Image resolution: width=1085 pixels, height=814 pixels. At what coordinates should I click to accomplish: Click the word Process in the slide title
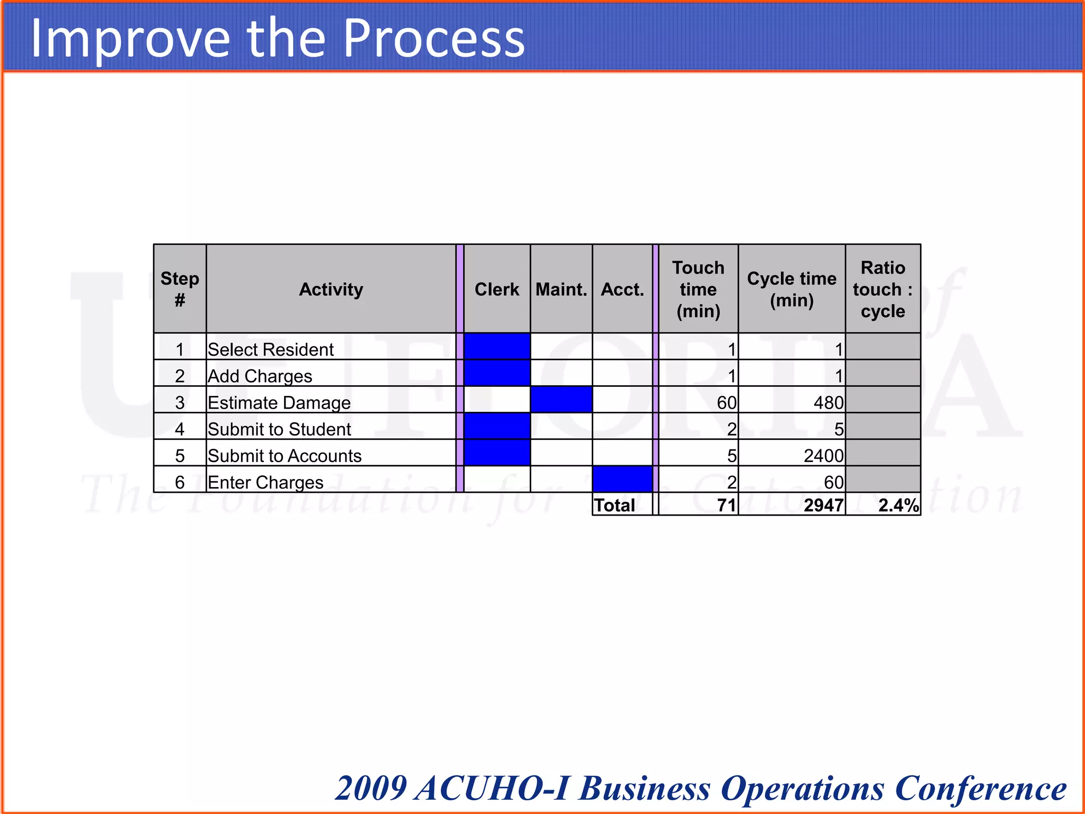coord(434,38)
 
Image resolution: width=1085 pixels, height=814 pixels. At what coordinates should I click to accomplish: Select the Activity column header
coord(331,289)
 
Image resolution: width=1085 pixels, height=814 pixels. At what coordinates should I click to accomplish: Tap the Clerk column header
coord(496,289)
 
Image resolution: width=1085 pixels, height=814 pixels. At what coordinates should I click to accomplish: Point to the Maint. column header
coord(561,289)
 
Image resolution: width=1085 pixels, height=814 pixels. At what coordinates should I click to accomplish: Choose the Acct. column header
coord(622,289)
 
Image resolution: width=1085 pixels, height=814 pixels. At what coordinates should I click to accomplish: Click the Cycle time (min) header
coord(791,289)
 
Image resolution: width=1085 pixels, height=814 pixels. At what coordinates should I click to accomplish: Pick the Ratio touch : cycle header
coord(883,289)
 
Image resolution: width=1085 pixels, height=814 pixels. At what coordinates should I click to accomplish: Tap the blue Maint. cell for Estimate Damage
coord(561,400)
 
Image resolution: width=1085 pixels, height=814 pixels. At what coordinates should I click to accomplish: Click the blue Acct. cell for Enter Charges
coord(622,479)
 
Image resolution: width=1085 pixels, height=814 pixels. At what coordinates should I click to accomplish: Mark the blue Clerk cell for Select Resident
coord(496,347)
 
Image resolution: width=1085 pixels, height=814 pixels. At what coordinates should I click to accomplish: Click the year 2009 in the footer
coord(371,788)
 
